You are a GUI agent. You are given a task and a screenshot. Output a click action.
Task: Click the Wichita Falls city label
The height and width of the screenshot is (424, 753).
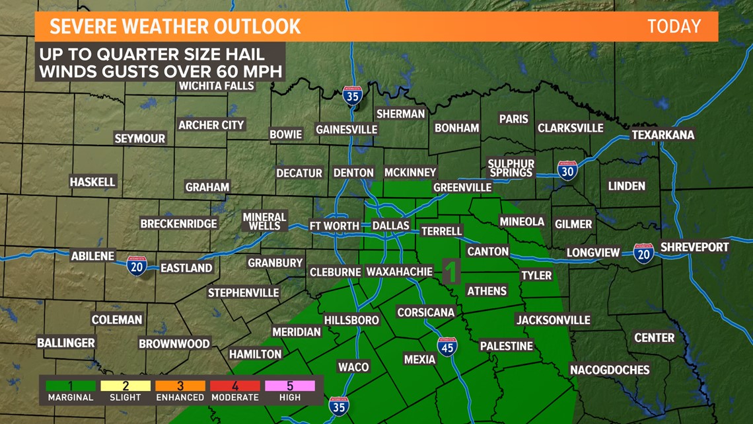216,86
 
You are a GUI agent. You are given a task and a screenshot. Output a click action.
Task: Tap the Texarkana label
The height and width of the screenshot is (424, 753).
663,135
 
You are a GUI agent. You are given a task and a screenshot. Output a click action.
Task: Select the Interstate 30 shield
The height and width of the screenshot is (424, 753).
567,171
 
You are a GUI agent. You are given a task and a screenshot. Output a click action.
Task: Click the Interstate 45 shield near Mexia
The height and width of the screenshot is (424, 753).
447,347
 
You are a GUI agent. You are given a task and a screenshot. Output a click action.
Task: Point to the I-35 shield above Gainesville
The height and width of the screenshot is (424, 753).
352,96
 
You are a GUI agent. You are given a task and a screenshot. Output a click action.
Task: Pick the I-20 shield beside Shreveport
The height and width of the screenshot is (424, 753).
643,253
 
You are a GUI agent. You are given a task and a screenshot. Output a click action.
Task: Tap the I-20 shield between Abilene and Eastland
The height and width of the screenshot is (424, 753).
137,265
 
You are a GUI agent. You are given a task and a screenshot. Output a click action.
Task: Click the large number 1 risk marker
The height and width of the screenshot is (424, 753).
451,271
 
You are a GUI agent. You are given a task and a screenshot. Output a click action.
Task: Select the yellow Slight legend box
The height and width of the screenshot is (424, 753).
126,386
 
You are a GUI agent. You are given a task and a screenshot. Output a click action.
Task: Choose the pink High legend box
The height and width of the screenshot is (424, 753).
290,386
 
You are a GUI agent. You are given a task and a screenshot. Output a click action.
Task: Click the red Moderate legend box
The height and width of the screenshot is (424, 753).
235,386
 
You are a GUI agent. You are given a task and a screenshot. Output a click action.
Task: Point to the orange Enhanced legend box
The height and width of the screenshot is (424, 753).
180,386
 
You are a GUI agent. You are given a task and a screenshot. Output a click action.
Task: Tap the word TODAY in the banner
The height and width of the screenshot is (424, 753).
674,26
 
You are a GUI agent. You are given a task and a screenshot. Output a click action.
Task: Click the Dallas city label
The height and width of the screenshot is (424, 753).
391,226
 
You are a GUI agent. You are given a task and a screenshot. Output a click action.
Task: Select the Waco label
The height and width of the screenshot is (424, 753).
353,367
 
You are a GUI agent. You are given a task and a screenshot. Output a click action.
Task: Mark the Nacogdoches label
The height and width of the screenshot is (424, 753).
610,370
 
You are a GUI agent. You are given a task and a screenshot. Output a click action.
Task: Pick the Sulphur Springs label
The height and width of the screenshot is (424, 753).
511,168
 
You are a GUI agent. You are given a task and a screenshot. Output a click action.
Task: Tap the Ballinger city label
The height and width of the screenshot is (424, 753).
66,343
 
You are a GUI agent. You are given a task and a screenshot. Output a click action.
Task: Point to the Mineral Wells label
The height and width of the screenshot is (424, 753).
264,222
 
